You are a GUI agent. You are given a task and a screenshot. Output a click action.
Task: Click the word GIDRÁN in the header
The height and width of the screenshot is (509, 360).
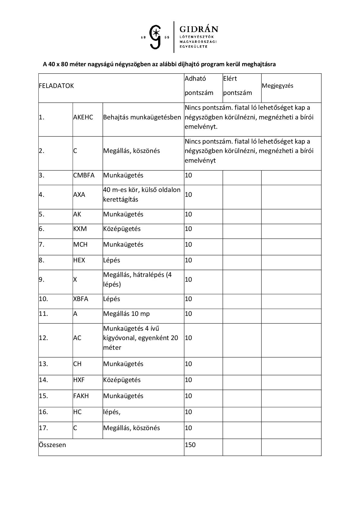click(x=199, y=29)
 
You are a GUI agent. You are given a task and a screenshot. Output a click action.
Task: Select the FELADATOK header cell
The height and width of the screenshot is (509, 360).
click(x=56, y=86)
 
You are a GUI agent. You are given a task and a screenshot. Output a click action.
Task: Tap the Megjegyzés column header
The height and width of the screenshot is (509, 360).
click(x=277, y=86)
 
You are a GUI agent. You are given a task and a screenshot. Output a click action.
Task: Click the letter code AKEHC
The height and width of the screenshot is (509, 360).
click(x=83, y=117)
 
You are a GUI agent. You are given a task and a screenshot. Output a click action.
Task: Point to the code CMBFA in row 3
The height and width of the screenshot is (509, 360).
click(x=84, y=175)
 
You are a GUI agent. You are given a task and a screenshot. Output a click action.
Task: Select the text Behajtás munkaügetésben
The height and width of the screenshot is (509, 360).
click(x=142, y=117)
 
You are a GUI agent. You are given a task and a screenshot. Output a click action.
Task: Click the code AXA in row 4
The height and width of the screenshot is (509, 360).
click(x=79, y=195)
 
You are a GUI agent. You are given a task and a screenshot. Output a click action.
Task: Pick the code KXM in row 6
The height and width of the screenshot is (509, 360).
click(x=80, y=229)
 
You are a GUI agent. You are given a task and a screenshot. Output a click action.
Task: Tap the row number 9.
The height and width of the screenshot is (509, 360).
click(x=42, y=280)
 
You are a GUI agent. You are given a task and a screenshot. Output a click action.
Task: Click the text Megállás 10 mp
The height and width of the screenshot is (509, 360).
click(x=126, y=314)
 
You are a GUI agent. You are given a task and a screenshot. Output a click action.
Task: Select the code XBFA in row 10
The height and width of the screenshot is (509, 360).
click(x=81, y=299)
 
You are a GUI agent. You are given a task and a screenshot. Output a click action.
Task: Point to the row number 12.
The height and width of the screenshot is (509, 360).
click(x=44, y=338)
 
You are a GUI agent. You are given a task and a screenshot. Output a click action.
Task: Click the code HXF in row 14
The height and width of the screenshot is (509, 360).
click(x=79, y=380)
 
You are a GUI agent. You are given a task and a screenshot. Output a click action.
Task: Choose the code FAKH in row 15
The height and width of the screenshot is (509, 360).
click(x=81, y=396)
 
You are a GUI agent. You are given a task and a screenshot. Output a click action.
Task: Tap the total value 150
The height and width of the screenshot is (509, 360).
click(x=190, y=445)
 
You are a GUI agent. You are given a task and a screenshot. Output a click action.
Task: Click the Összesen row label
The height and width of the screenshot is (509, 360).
click(x=52, y=445)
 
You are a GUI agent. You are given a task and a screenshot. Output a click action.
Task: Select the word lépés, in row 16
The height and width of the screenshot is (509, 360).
click(x=112, y=412)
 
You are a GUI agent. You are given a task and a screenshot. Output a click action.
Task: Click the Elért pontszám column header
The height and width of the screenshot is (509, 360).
click(x=238, y=86)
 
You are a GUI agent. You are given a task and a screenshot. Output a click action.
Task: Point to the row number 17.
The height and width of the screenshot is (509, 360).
click(x=44, y=428)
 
